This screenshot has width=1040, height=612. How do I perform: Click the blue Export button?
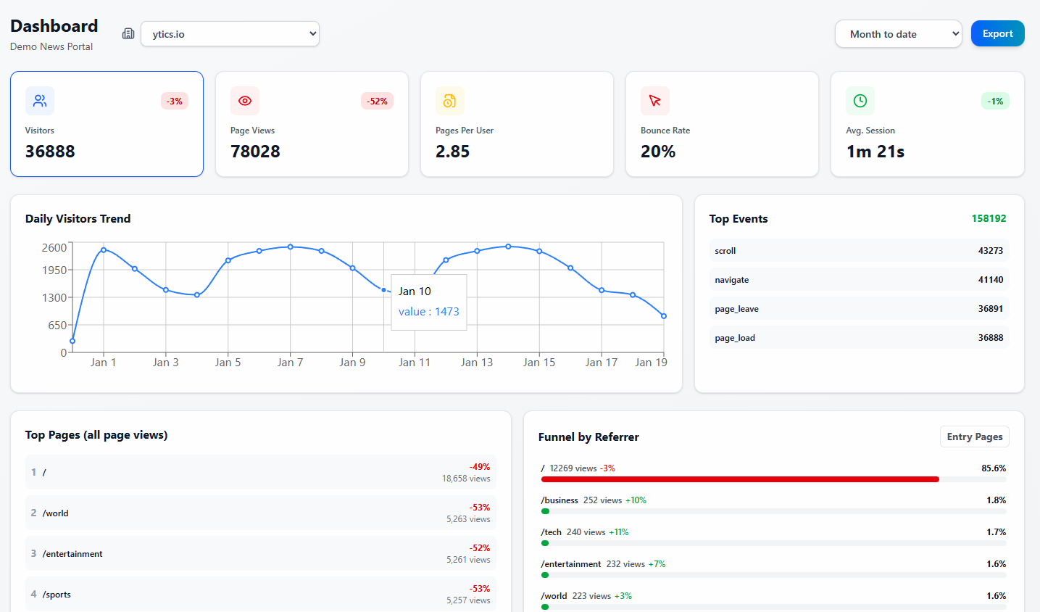click(997, 33)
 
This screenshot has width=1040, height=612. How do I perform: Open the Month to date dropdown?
click(898, 33)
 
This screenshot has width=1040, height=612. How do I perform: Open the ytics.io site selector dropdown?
click(230, 33)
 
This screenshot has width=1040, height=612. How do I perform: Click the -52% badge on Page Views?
click(377, 101)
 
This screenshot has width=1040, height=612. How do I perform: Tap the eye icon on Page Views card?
click(245, 101)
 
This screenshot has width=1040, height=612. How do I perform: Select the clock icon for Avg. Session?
click(860, 101)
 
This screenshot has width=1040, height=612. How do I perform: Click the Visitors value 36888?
click(50, 152)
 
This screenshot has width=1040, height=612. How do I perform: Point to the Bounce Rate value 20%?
click(657, 152)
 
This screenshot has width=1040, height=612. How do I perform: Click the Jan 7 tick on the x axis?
click(290, 362)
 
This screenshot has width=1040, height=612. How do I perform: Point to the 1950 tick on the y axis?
click(54, 270)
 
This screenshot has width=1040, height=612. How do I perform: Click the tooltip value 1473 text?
click(429, 311)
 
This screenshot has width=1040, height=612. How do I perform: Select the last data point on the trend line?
click(664, 316)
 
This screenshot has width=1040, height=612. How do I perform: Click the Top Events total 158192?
click(989, 218)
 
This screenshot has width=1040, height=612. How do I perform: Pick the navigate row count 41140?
click(990, 280)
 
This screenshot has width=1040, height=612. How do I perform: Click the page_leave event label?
click(736, 309)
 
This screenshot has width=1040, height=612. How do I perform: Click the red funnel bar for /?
click(739, 479)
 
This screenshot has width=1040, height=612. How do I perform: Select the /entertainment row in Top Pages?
click(72, 553)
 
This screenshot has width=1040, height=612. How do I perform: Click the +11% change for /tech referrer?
click(618, 532)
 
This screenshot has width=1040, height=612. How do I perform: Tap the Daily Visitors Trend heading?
click(78, 218)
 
